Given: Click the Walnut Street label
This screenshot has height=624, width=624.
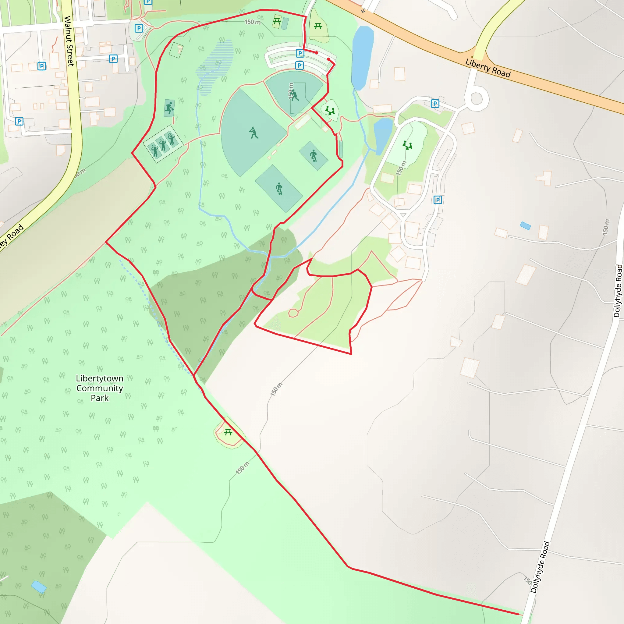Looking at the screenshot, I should coord(69,41).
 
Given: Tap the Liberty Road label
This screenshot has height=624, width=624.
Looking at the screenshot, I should coord(488,68).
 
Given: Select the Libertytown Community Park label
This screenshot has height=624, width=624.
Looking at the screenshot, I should coord(99,388).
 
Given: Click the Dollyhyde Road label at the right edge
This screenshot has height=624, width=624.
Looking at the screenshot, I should coord(618,291).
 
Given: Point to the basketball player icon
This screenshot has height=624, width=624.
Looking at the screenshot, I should coord(169,108).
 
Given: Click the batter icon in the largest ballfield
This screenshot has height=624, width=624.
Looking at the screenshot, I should coord(253,133).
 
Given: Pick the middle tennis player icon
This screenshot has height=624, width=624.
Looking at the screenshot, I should coord(163,144).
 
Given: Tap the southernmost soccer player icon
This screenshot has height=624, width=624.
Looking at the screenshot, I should coord(279,188).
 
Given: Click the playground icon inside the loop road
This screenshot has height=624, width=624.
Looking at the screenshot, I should coord(407,145).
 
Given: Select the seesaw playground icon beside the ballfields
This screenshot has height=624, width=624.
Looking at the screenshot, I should coord(330,111).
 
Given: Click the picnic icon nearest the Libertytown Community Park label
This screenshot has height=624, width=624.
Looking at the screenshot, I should coord(228,432).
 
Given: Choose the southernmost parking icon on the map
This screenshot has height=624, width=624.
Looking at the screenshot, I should coord(437,200).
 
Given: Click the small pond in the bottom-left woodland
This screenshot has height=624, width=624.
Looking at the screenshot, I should coord(39,587).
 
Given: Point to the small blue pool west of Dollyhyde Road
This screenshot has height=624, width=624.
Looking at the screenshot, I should coord(526,226).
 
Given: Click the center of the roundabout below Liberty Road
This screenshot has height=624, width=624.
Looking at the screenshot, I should coord(477,98).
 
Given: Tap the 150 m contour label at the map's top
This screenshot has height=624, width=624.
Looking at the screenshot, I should coord(252,22).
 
